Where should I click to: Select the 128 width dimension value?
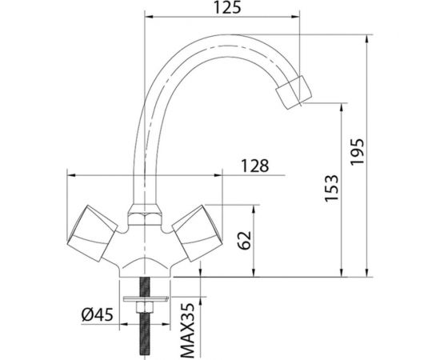[254, 166]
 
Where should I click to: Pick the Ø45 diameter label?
[98, 314]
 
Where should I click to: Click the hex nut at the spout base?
[142, 216]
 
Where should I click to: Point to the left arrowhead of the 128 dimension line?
[70, 174]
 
